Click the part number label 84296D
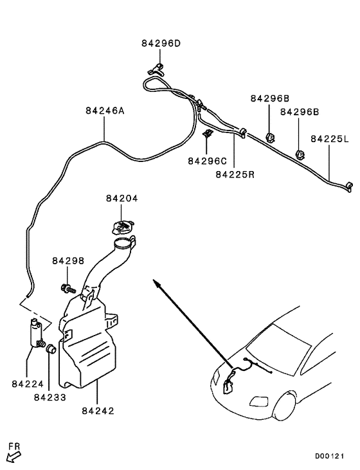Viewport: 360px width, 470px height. (161, 44)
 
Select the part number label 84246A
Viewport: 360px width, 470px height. (105, 111)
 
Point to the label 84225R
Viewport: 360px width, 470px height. (235, 174)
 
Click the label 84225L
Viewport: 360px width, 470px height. (330, 139)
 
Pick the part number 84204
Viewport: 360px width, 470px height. (122, 199)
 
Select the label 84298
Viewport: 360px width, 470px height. (68, 260)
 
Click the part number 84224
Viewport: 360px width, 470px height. (28, 384)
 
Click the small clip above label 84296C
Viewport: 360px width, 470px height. (207, 134)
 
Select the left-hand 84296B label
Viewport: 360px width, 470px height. (270, 98)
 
